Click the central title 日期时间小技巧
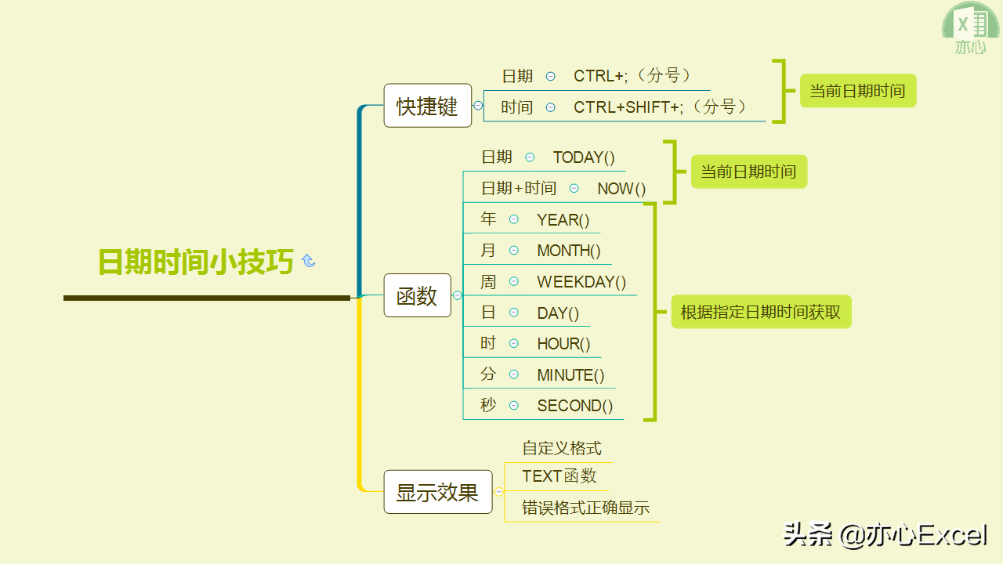click(196, 262)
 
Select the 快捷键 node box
click(427, 106)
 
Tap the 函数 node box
click(417, 295)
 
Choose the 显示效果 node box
click(437, 492)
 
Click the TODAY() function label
click(584, 157)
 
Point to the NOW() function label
click(621, 189)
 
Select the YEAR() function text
click(563, 220)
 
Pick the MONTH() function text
click(569, 251)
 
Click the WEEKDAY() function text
click(581, 282)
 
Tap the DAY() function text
click(558, 313)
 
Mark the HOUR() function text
click(563, 344)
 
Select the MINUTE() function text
click(570, 375)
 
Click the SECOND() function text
click(575, 406)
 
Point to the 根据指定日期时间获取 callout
click(761, 312)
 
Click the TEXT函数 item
click(559, 476)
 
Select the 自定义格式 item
click(562, 449)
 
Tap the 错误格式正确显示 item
click(586, 508)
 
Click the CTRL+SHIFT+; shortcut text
click(660, 107)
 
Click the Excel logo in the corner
click(971, 29)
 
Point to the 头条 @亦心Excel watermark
click(885, 535)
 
